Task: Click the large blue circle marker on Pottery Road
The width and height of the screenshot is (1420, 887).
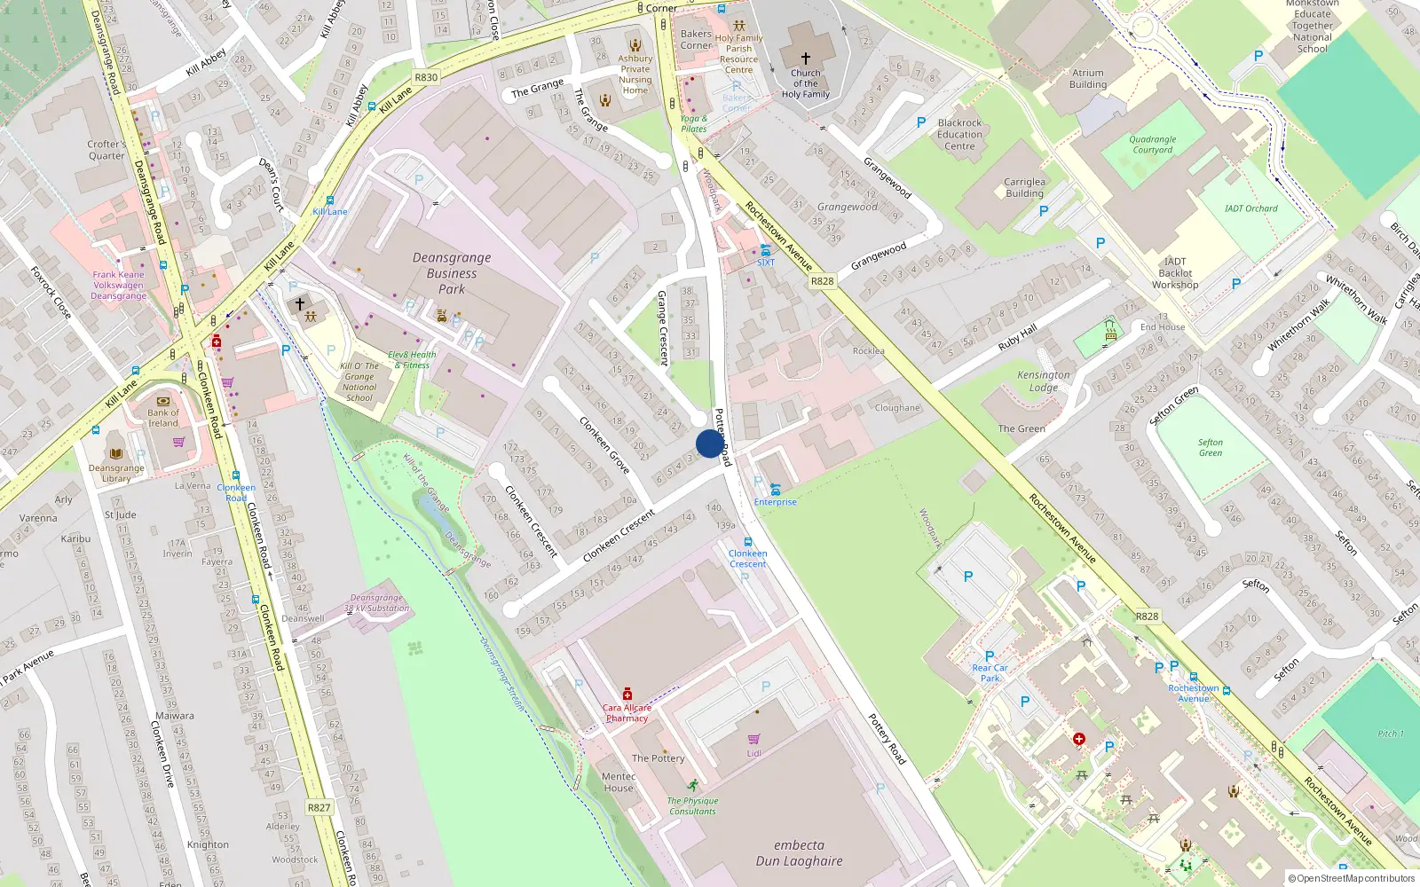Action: (x=709, y=443)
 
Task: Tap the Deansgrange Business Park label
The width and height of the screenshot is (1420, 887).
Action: (x=452, y=272)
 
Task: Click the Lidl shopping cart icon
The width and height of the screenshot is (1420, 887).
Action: (x=753, y=738)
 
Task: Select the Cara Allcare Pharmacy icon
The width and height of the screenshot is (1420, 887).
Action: (x=627, y=694)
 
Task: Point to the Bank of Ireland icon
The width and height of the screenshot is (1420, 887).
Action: (x=163, y=401)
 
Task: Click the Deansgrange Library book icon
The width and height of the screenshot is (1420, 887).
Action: (x=115, y=454)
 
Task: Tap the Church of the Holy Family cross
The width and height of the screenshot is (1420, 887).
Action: (x=806, y=59)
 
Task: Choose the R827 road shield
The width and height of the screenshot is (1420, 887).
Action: (x=319, y=807)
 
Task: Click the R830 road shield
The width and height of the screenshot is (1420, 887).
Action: (x=426, y=77)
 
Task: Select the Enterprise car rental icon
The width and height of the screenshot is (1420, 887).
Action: (x=776, y=490)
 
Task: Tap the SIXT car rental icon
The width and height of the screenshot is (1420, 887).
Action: (x=765, y=250)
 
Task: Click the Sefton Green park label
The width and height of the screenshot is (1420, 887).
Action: (x=1210, y=448)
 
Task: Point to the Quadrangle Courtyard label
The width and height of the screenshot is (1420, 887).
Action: (x=1152, y=145)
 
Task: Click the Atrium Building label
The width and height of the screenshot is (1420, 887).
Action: (x=1088, y=79)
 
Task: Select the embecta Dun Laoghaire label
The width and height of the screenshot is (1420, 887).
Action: (x=799, y=852)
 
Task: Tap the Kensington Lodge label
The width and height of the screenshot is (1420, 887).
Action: (x=1043, y=381)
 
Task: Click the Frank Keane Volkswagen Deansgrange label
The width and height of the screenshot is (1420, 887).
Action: (x=118, y=285)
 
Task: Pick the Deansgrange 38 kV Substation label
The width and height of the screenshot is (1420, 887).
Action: (x=376, y=603)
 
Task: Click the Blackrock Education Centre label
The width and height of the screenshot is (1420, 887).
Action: (x=959, y=135)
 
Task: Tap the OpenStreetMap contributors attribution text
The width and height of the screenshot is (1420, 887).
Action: (x=1352, y=878)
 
